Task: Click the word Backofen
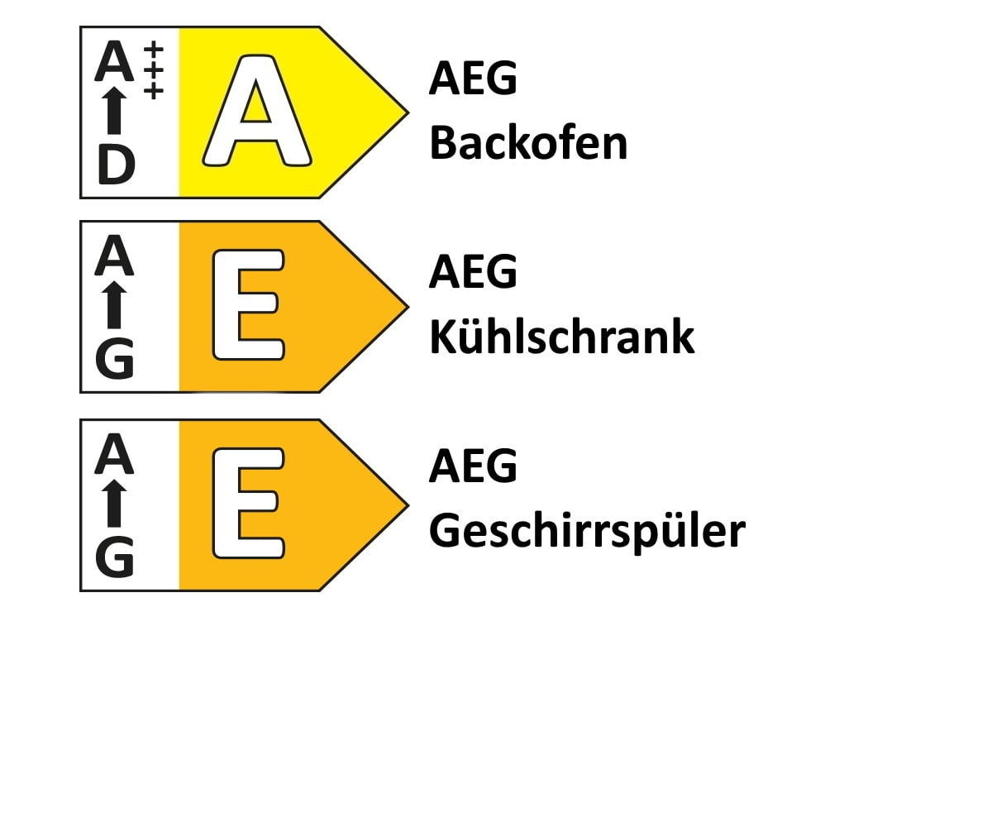coord(528,142)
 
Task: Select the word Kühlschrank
coord(562,336)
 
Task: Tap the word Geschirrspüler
coord(587,532)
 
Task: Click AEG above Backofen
coord(473,78)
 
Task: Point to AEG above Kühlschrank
coord(473,271)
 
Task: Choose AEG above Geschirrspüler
coord(473,466)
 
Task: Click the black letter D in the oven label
coord(117,165)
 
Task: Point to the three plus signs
coord(154,69)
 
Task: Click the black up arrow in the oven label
coord(114,110)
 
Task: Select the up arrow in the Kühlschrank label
coord(114,304)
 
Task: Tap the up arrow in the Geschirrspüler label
coord(114,504)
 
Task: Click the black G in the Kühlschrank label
coord(115,359)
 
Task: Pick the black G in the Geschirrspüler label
coord(115,557)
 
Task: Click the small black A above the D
coord(114,61)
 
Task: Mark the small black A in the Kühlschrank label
coord(114,256)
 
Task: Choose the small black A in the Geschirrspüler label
coord(114,454)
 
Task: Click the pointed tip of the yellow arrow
coord(408,112)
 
